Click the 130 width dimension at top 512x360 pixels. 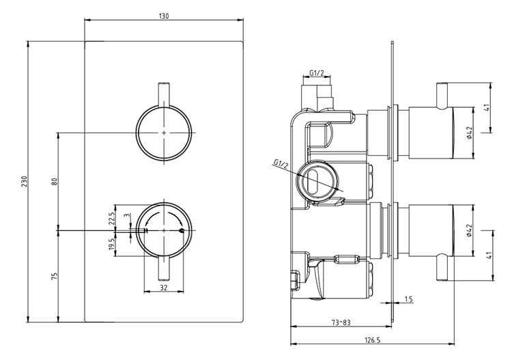pyautogui.click(x=164, y=15)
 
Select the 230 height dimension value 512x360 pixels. pyautogui.click(x=25, y=182)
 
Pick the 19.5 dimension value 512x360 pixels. pyautogui.click(x=111, y=245)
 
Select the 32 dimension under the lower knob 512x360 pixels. pyautogui.click(x=164, y=288)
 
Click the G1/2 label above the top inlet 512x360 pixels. pyautogui.click(x=317, y=72)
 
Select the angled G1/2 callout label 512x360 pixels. pyautogui.click(x=281, y=164)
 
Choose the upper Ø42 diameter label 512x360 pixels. pyautogui.click(x=470, y=131)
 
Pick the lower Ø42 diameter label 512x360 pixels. pyautogui.click(x=470, y=232)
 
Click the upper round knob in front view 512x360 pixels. pyautogui.click(x=164, y=131)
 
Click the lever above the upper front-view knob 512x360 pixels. pyautogui.click(x=164, y=94)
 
